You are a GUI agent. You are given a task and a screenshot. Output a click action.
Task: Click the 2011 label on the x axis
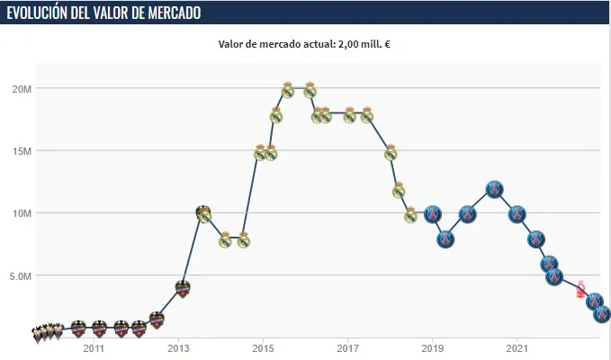94,347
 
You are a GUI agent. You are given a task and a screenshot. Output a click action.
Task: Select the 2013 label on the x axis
178,347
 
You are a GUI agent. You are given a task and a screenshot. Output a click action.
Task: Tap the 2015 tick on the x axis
263,347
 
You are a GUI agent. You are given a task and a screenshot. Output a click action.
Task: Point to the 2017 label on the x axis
347,347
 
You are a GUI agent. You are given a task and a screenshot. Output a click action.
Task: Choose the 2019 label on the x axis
433,347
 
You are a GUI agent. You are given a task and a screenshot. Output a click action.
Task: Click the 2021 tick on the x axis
517,347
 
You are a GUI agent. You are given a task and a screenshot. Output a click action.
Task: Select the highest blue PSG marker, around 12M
494,189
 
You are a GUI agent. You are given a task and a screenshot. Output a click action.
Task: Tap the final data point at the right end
602,314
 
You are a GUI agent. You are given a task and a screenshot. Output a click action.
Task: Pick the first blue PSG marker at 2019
433,214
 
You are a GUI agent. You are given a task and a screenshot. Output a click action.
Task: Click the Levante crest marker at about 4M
183,289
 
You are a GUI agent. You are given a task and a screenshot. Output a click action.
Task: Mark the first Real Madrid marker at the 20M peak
288,90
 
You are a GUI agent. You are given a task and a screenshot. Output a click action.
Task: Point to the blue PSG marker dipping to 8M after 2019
445,239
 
